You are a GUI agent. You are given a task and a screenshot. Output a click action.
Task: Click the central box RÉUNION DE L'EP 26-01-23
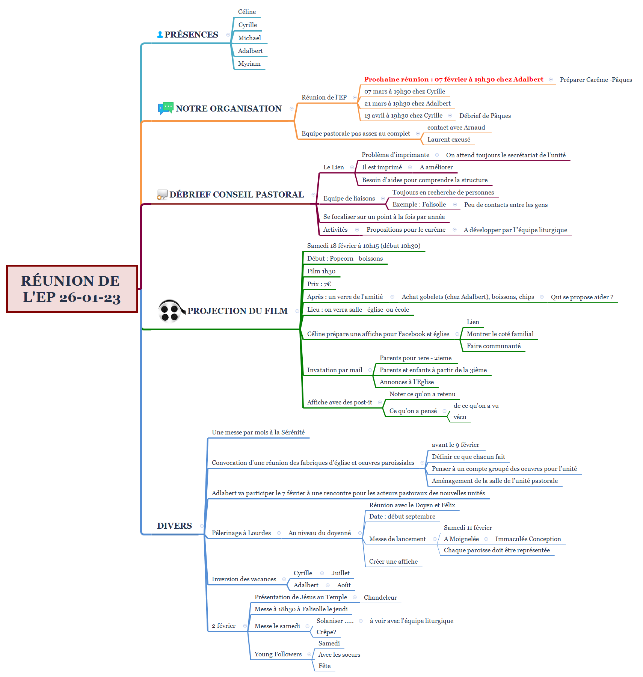coord(72,289)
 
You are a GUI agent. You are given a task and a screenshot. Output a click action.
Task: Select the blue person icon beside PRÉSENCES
coord(160,35)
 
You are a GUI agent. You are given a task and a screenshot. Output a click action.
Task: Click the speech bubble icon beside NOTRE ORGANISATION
coord(165,108)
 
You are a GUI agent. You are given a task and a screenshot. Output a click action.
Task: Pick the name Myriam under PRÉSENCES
coord(249,64)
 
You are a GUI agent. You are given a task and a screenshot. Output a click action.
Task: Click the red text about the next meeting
coord(453,79)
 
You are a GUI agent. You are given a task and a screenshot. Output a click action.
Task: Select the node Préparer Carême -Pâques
coord(596,80)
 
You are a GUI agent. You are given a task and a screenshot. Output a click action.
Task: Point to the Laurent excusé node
coord(448,139)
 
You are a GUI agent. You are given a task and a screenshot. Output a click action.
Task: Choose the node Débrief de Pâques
coord(485,116)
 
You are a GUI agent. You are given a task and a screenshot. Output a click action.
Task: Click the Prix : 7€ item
coord(319,284)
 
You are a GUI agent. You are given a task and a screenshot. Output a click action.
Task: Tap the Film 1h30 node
coord(321,271)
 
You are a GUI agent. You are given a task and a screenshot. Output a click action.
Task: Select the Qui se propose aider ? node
coord(582,297)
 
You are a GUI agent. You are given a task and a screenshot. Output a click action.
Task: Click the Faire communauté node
coord(494,346)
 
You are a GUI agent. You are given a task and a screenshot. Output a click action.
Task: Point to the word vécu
coord(460,417)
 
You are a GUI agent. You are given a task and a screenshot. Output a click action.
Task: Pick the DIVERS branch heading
coord(174,526)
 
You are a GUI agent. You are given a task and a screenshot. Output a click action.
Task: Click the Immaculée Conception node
coord(528,539)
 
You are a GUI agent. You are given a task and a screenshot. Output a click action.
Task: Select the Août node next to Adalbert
coord(344,585)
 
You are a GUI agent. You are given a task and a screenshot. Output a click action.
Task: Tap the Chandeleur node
coord(380,597)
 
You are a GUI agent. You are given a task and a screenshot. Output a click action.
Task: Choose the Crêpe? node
coord(326,632)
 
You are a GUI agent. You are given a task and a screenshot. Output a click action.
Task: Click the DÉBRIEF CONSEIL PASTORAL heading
coord(236,195)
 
